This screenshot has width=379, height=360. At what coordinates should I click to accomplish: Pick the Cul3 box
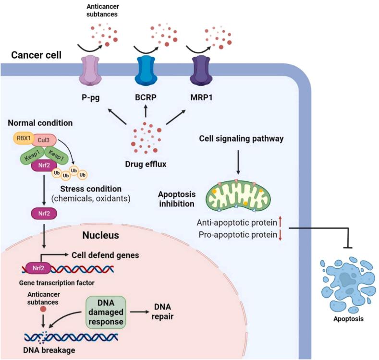point(44,140)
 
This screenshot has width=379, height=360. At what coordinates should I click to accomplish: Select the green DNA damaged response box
point(106,312)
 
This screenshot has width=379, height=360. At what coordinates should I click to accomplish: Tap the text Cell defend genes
point(106,255)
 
